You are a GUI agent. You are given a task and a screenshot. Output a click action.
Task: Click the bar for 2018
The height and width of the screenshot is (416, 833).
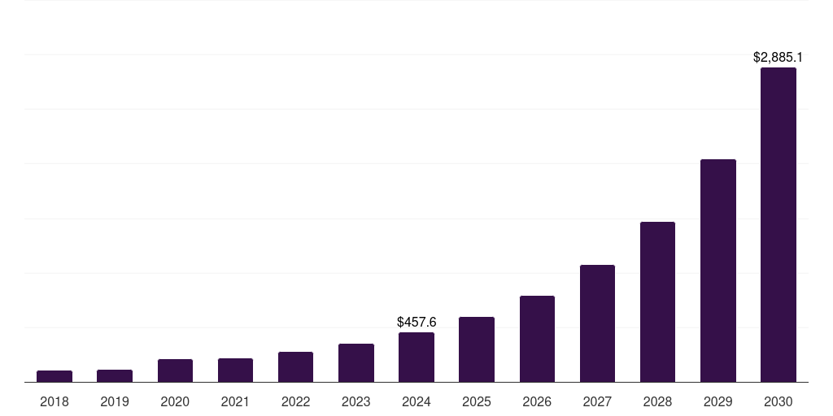coord(55,376)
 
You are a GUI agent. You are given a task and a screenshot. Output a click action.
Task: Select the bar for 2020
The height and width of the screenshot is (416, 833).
coord(175,370)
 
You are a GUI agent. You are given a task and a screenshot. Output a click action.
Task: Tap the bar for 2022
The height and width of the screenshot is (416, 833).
coord(295,367)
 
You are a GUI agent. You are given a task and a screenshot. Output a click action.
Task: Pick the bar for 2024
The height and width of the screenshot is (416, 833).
coord(416,357)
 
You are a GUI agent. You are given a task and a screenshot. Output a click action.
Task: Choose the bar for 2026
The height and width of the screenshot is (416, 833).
coord(537,339)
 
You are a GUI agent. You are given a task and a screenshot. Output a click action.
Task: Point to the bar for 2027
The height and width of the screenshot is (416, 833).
coord(597,323)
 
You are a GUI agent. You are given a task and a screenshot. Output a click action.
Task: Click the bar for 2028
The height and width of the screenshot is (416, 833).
coord(657,302)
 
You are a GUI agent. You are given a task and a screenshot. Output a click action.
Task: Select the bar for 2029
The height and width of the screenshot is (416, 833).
coord(718,271)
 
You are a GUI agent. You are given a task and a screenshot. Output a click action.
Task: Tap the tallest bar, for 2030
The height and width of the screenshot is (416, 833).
coord(778,225)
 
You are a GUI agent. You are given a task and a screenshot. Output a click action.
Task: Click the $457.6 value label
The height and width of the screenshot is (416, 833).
coord(416,323)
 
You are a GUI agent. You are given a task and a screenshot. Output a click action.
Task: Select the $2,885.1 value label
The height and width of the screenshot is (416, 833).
coord(778,58)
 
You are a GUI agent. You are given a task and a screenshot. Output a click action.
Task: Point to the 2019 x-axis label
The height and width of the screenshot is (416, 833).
coord(115,401)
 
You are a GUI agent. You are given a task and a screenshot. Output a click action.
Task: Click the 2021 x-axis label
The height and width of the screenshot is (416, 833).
coord(235,401)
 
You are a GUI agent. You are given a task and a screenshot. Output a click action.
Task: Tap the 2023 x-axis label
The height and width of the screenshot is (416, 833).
coord(356,401)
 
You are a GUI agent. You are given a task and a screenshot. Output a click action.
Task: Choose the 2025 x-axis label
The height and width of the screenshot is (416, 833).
coord(477,401)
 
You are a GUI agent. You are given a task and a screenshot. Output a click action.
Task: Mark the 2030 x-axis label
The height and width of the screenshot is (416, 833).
coord(778,401)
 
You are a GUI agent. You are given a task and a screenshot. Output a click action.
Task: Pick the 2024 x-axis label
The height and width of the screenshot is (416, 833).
coord(416,401)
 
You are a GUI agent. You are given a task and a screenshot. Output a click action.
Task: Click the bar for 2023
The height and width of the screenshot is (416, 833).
coord(356,363)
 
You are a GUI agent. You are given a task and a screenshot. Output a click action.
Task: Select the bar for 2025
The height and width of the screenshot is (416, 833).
coord(477,349)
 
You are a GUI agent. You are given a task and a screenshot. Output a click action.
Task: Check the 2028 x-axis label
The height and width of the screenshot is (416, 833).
coord(657,401)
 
